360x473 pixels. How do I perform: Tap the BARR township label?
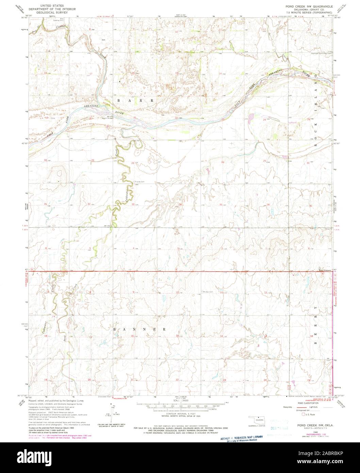135,101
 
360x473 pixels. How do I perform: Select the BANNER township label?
140,329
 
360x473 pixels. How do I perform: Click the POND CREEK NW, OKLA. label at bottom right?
315,425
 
